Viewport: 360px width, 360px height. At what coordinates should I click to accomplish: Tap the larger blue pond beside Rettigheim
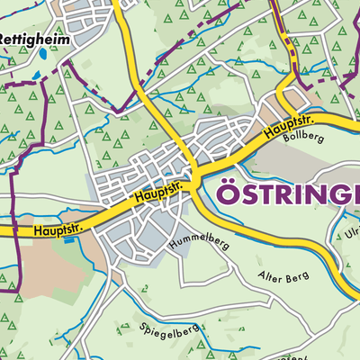pos(42,53)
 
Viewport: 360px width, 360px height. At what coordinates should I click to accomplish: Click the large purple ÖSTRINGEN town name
pos(288,193)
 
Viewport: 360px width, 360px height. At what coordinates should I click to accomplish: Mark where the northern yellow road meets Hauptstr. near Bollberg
pos(282,102)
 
